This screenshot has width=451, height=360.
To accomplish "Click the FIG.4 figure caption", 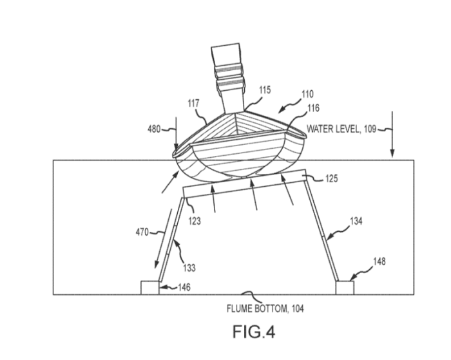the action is point(254,332).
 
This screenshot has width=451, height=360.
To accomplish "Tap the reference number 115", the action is point(265,90).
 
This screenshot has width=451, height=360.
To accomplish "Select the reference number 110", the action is point(307,94).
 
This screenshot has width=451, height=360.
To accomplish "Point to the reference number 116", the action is point(314,108).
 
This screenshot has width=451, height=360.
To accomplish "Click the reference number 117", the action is point(193,103).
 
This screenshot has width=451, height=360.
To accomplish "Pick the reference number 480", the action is point(154,129).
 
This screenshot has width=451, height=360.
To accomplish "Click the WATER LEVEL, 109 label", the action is point(341,129).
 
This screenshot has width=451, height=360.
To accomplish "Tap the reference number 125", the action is point(332,179).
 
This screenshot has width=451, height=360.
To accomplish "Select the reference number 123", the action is point(195,221).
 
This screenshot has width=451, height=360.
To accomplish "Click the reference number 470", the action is point(142,232).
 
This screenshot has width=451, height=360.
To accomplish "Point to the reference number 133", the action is point(189,268).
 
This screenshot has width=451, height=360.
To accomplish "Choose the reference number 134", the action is point(356,221).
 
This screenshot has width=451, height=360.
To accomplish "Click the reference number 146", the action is point(184,287).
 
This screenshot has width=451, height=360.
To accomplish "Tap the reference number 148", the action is point(379,261).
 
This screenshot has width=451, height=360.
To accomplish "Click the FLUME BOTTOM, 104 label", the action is point(265,309).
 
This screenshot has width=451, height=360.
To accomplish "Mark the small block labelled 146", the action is point(150,288).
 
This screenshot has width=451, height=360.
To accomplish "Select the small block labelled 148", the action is point(345,288).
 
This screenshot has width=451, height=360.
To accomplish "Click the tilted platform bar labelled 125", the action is point(245,184).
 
